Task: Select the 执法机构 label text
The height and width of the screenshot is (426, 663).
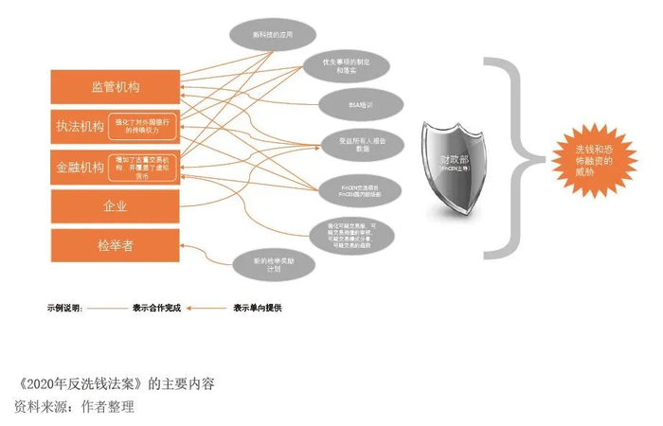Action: (78, 125)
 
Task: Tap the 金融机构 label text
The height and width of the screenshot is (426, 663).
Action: (78, 166)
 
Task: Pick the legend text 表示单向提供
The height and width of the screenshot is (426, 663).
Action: (258, 308)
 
